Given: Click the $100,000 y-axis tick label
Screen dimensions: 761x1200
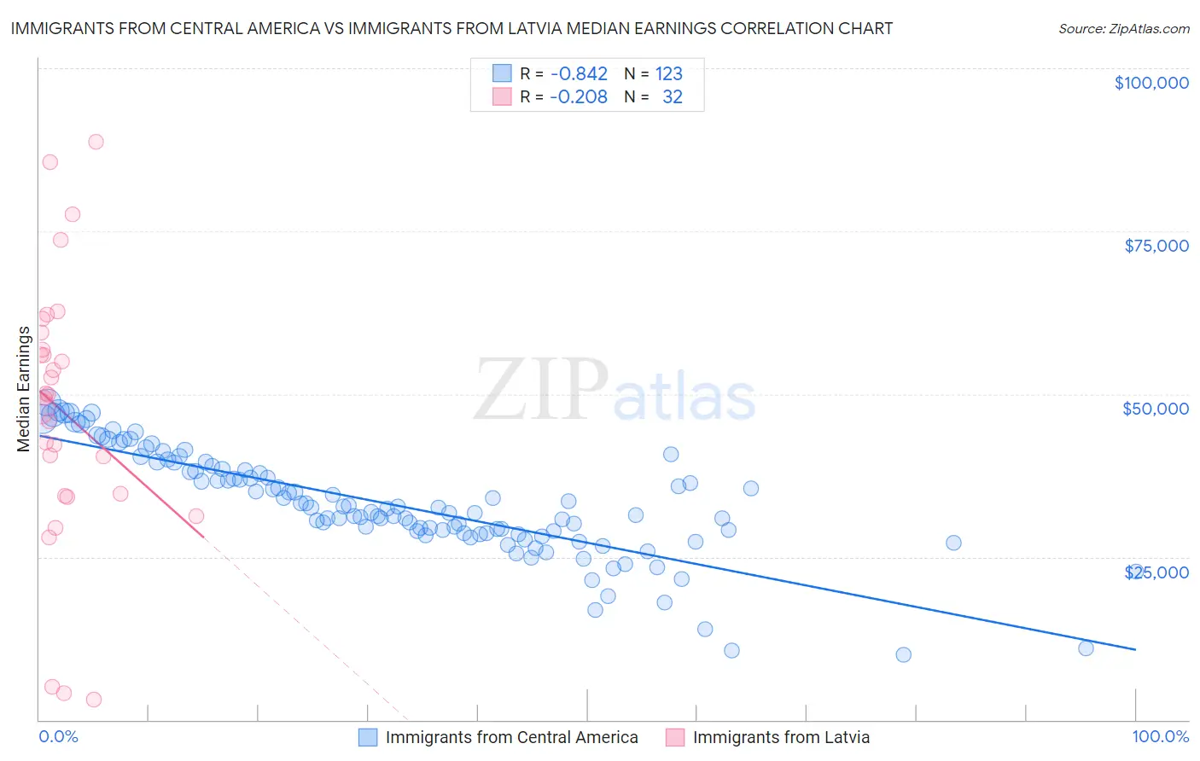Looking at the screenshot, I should click(x=1151, y=83).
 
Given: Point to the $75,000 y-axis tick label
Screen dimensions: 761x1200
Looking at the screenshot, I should click(x=1156, y=246).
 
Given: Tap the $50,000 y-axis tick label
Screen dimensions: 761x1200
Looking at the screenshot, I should click(x=1155, y=409).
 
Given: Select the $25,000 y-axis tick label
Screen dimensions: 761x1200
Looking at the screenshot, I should click(x=1156, y=572).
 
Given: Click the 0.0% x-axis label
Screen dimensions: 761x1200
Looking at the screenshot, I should click(x=58, y=736).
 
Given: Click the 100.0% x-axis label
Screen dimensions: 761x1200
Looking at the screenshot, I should click(x=1160, y=736).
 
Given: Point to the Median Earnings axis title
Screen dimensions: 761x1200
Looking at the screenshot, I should click(x=24, y=389).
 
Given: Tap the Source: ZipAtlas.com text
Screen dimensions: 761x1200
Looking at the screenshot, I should click(x=1123, y=28).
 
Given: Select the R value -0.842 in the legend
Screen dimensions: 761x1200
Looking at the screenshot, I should click(x=578, y=73).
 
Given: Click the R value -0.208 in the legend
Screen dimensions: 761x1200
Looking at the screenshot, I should click(x=578, y=96).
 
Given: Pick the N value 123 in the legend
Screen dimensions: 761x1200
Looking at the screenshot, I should click(x=668, y=73).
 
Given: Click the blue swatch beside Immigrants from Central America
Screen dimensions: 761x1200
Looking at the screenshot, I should click(x=368, y=737).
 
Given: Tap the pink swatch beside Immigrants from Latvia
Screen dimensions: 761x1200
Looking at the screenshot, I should click(x=675, y=737).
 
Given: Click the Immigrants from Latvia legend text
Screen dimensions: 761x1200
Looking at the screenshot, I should click(x=781, y=737).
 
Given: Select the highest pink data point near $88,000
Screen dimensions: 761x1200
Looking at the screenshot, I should click(x=96, y=142).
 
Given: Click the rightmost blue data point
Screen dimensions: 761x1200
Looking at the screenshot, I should click(x=1086, y=648).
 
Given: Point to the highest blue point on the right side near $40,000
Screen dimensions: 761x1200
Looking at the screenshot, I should click(x=671, y=455).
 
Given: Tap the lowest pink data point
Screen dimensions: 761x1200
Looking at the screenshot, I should click(x=94, y=700).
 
